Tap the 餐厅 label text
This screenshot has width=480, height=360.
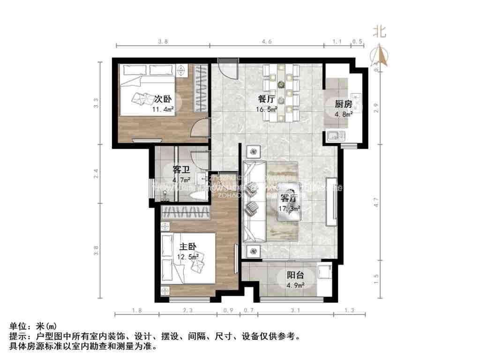[x=266, y=99]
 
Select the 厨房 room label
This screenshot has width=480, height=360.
[x=343, y=104]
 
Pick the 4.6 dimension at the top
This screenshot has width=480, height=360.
[x=267, y=42]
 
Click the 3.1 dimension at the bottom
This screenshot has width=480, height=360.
[x=295, y=310]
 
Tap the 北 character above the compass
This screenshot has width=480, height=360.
[x=380, y=32]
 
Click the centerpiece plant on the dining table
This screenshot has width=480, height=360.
[x=281, y=84]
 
